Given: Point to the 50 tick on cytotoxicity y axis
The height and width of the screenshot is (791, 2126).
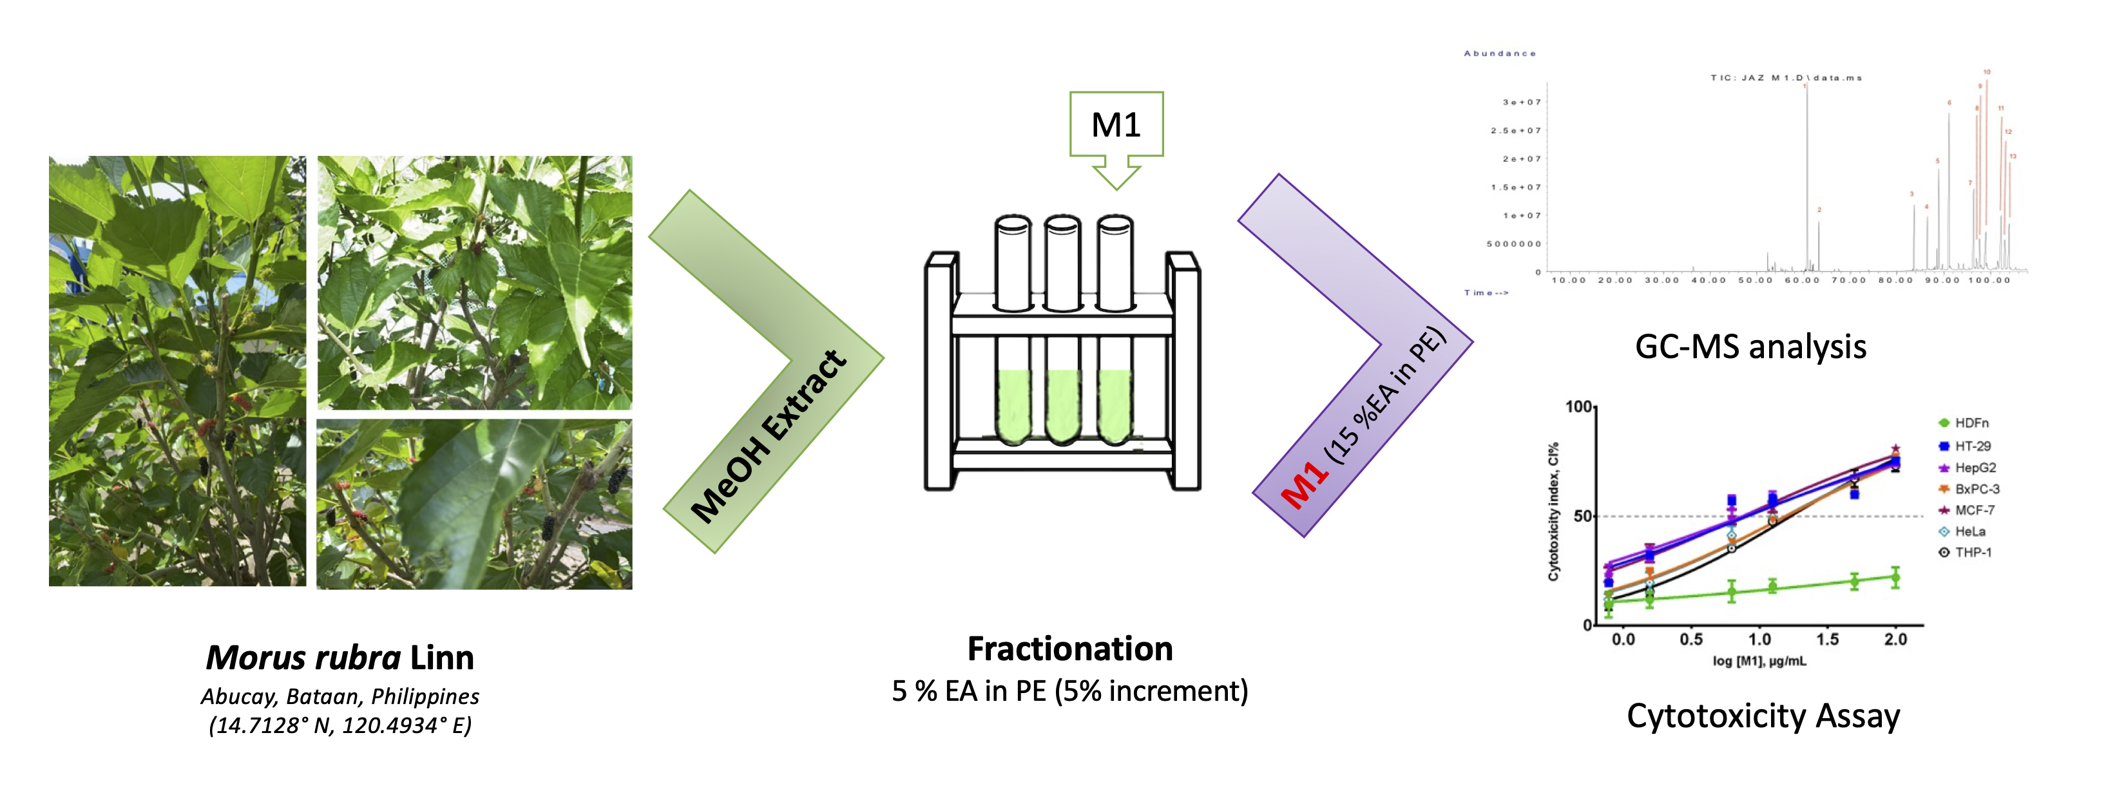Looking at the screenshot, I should coord(1582,517).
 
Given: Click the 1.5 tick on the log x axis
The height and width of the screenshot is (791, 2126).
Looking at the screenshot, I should coord(1827,639).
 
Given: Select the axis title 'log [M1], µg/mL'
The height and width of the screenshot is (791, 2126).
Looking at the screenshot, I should coord(1759,662).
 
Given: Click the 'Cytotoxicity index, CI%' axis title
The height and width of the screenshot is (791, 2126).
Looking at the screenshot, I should coord(1553,511).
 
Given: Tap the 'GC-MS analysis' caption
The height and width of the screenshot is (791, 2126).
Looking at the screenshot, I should coord(1750,347).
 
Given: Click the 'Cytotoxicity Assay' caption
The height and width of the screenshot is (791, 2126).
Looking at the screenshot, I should coord(1763,716).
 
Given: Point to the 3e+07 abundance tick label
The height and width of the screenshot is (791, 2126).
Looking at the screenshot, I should coord(1521,102).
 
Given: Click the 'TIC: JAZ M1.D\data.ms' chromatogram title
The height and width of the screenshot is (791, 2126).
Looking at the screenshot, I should coord(1785,77).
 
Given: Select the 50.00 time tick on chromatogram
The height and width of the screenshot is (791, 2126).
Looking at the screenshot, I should coord(1755,280).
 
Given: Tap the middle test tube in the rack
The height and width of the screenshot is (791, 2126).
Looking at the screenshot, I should coord(1063,330).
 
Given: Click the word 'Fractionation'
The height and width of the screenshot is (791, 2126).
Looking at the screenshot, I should coord(1069,649).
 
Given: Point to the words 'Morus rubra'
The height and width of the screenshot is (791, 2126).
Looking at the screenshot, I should coord(303,658).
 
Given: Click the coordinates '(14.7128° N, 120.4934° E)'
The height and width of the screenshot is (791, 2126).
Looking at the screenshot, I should coord(340,726).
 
